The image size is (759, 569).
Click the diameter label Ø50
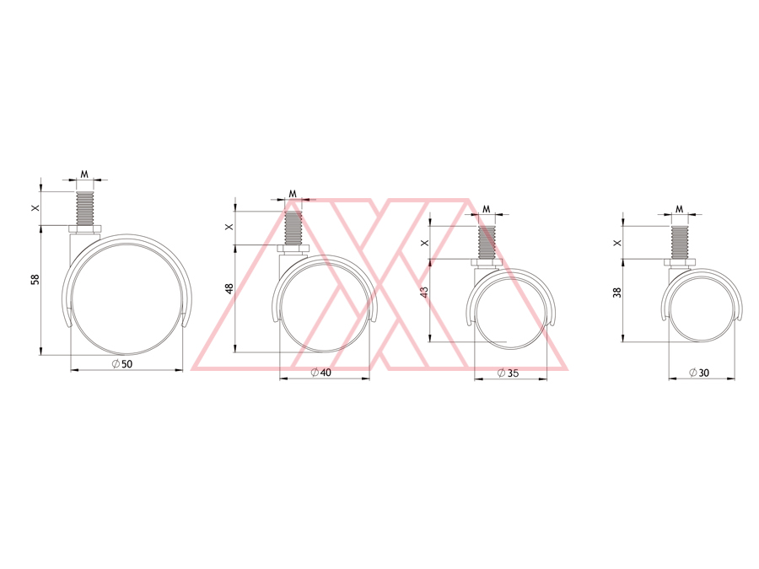pyautogui.click(x=122, y=364)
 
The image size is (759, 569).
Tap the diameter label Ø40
pyautogui.click(x=321, y=372)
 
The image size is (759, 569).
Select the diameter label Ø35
pyautogui.click(x=508, y=373)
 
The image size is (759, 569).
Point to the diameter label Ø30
pyautogui.click(x=699, y=372)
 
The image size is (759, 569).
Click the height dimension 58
pyautogui.click(x=35, y=279)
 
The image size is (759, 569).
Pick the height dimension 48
pyautogui.click(x=229, y=288)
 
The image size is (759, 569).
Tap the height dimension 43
pyautogui.click(x=424, y=292)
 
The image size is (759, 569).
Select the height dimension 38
pyautogui.click(x=616, y=292)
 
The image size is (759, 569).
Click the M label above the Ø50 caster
pyautogui.click(x=84, y=174)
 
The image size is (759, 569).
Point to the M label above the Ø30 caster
pyautogui.click(x=679, y=209)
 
